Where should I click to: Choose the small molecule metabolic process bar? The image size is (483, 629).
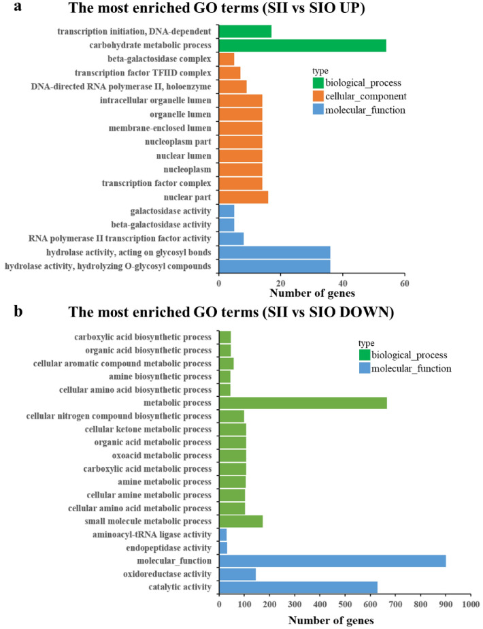(x=241, y=521)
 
